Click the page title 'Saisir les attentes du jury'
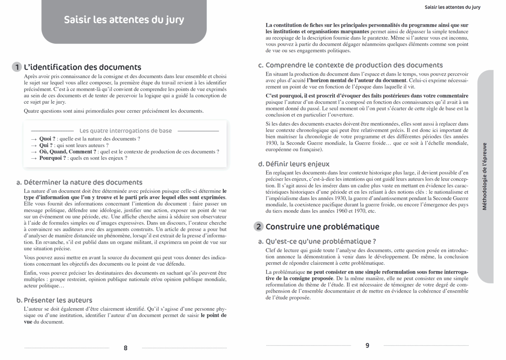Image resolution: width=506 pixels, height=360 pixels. [x=124, y=20]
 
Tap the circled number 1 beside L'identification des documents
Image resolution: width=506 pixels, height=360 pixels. [x=17, y=67]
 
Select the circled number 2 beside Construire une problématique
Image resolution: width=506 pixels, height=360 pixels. [x=259, y=227]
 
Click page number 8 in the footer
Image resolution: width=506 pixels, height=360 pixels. [x=125, y=348]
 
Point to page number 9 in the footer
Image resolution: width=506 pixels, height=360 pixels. [x=367, y=346]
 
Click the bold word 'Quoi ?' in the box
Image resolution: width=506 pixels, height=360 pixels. [x=47, y=139]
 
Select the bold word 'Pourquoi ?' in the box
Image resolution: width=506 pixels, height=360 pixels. [x=53, y=158]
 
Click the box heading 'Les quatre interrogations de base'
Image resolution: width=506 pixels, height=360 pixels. [x=125, y=131]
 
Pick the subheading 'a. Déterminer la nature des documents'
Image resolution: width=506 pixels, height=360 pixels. [x=79, y=182]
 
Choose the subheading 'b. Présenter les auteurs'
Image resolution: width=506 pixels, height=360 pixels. [x=54, y=300]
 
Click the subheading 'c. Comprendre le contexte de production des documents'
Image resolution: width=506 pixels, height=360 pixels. [x=351, y=65]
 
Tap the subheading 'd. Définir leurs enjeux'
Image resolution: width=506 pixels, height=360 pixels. [x=294, y=164]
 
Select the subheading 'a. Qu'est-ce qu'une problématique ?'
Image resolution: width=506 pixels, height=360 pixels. [x=317, y=241]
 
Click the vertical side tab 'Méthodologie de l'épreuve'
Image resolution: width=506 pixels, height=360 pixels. [x=485, y=176]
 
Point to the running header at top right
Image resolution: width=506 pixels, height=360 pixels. [x=452, y=7]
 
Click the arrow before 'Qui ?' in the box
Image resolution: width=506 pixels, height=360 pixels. [x=33, y=145]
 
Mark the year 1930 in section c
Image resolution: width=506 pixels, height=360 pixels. [x=272, y=143]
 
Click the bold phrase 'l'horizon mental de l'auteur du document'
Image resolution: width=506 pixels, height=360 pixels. [x=356, y=80]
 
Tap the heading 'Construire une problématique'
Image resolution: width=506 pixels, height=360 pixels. [x=322, y=227]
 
